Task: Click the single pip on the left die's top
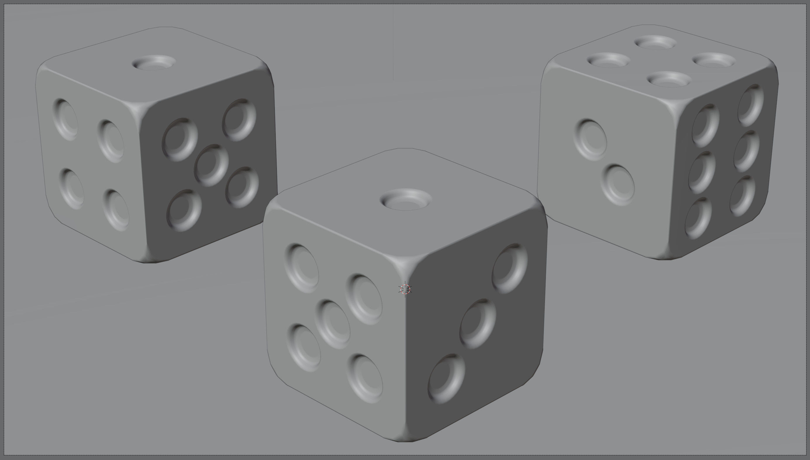pos(154,63)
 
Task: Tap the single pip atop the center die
pos(406,199)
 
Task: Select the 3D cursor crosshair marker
pos(405,289)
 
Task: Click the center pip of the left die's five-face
pos(211,165)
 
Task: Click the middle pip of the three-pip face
pos(478,324)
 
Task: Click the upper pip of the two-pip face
pos(590,140)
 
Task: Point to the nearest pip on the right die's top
pos(669,79)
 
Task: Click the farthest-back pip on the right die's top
pos(655,43)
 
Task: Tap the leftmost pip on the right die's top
pos(609,60)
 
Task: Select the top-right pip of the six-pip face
pos(751,105)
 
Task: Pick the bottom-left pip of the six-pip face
pos(698,218)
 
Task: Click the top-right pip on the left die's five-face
pos(239,119)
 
